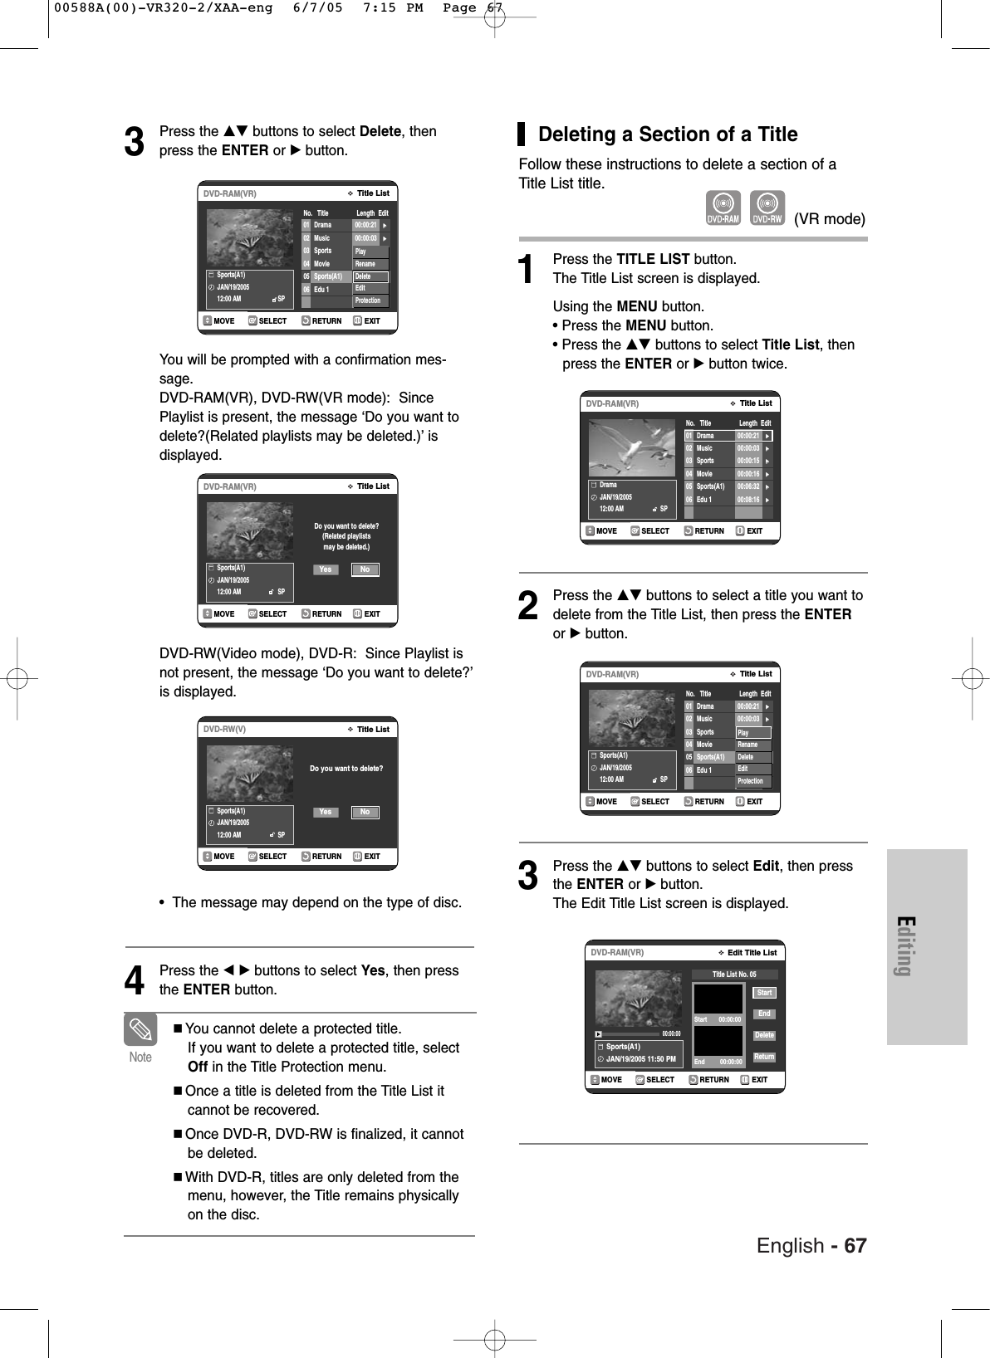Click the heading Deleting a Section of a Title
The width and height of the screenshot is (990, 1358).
click(x=668, y=134)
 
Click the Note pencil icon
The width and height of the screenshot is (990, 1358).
click(x=140, y=1030)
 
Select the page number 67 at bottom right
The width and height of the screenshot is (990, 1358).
click(x=855, y=1246)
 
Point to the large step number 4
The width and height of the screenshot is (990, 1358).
click(x=134, y=980)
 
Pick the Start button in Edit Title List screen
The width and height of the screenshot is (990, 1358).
click(x=764, y=993)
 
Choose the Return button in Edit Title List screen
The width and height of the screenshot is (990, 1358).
click(x=764, y=1057)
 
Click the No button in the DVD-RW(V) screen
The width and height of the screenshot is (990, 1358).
click(x=365, y=812)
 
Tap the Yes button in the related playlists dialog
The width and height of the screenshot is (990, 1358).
click(x=326, y=569)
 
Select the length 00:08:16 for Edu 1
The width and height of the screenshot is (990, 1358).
click(x=748, y=500)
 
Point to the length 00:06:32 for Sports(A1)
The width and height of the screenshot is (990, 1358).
click(x=748, y=486)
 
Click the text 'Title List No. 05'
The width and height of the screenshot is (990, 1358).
click(x=734, y=975)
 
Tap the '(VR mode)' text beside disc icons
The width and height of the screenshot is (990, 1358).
click(x=829, y=219)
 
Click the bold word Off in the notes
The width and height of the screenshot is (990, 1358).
click(x=198, y=1067)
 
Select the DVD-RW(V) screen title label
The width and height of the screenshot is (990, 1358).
click(x=224, y=729)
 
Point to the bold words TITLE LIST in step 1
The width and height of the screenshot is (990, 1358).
click(x=653, y=259)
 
